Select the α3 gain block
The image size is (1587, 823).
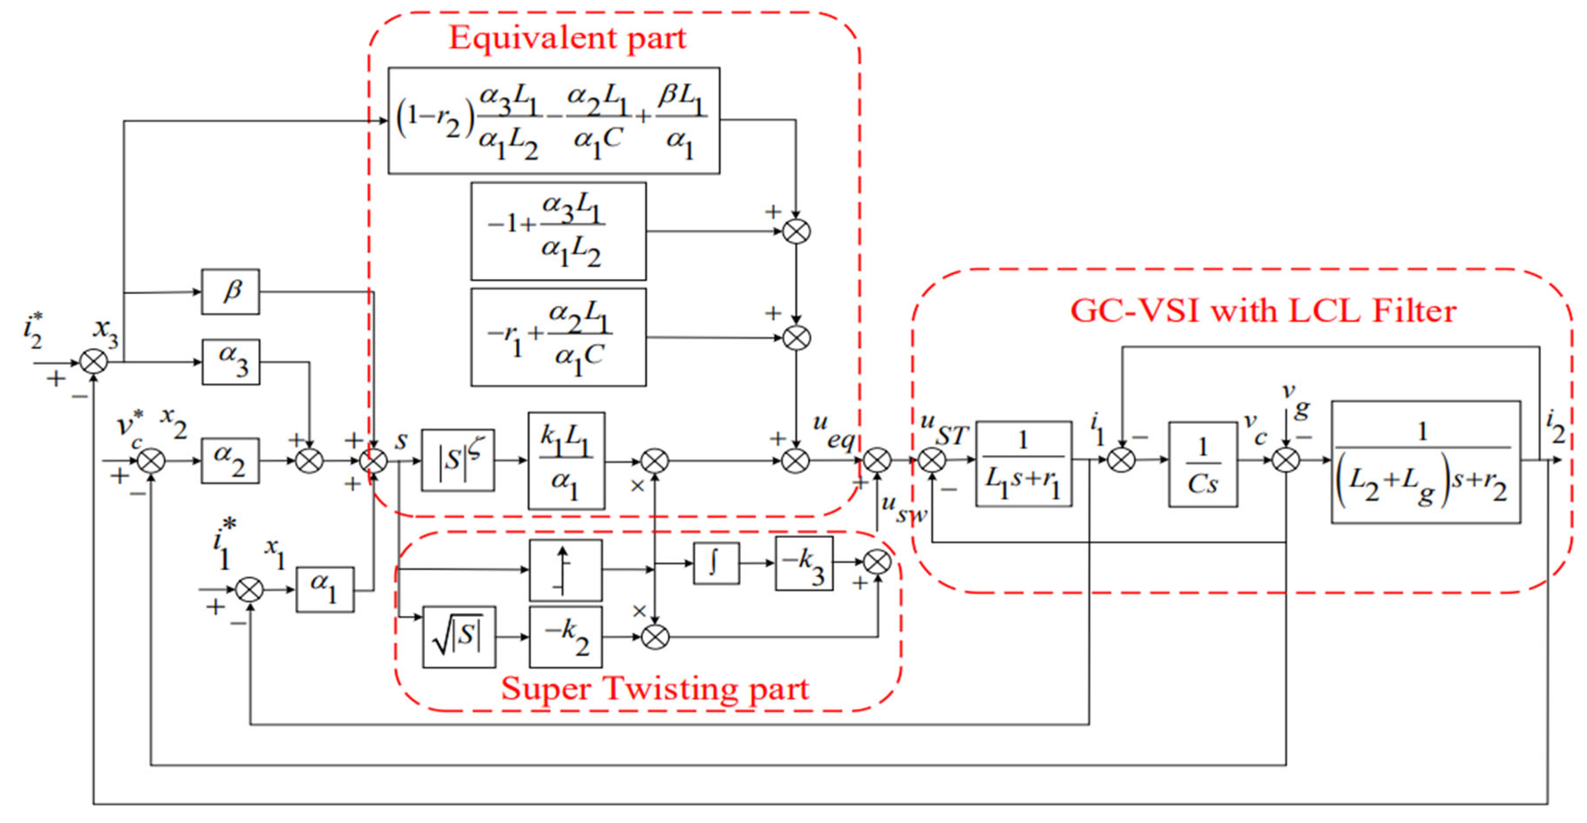[x=231, y=362]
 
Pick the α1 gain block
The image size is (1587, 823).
[x=325, y=590]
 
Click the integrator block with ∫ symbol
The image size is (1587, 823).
[x=716, y=562]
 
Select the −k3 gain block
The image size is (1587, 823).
[x=804, y=563]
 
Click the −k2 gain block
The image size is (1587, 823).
[x=566, y=636]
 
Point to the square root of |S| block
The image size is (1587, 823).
[x=459, y=636]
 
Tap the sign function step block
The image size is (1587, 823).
[x=566, y=570]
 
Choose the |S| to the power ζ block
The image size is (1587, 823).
[x=458, y=460]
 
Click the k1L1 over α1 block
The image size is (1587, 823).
[x=566, y=460]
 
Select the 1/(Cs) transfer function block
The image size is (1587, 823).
[x=1203, y=464]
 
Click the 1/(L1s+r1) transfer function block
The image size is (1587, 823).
[x=1023, y=464]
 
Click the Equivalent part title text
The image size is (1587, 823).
[x=567, y=38]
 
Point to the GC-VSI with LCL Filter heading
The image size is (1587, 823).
[x=1263, y=311]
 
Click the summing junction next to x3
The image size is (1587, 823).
[x=94, y=362]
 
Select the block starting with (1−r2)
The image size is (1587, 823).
[x=553, y=121]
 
